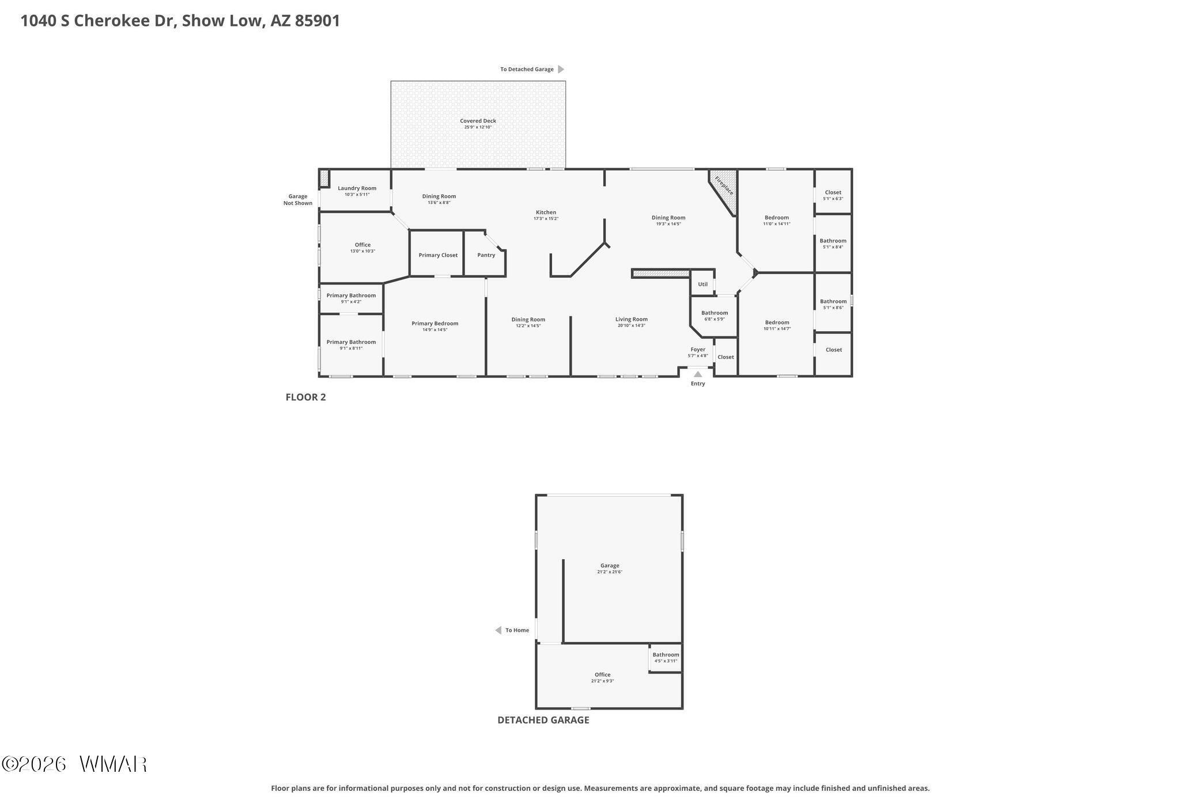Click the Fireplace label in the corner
click(724, 185)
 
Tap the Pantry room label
click(486, 255)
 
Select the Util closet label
click(703, 284)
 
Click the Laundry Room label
click(357, 188)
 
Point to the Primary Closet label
click(438, 255)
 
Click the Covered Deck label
click(478, 121)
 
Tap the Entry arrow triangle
click(698, 374)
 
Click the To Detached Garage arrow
click(561, 69)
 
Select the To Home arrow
click(498, 630)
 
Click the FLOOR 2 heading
click(306, 397)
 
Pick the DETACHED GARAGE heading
click(543, 720)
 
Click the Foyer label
click(698, 350)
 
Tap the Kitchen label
click(546, 213)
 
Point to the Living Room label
click(632, 319)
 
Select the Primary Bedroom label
click(435, 324)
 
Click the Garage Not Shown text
click(298, 200)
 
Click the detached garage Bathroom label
click(666, 655)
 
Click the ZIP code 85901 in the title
click(318, 21)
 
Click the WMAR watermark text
click(114, 764)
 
